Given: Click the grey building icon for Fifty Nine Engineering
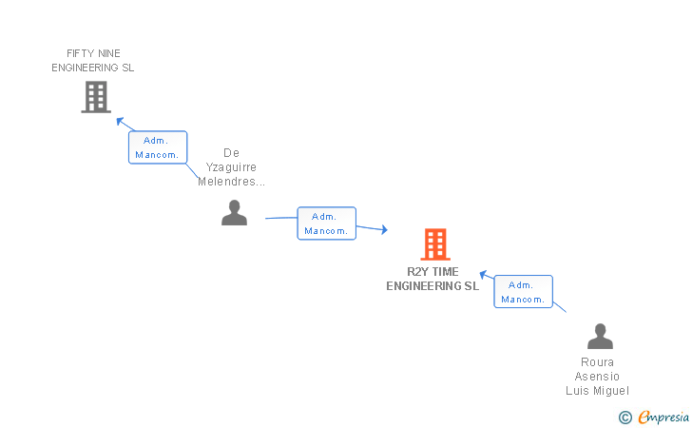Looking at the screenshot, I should pyautogui.click(x=96, y=97).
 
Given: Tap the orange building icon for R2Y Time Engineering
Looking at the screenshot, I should pyautogui.click(x=435, y=244).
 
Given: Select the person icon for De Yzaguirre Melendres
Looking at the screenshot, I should pyautogui.click(x=234, y=213).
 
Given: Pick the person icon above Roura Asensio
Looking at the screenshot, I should pyautogui.click(x=600, y=337).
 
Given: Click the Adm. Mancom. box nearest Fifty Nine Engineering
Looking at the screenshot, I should pyautogui.click(x=158, y=147).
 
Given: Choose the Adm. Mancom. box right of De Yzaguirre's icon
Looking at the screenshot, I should pyautogui.click(x=327, y=224).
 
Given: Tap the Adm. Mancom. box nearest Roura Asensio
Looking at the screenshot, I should pyautogui.click(x=523, y=292).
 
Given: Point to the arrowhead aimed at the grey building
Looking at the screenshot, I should pyautogui.click(x=120, y=121).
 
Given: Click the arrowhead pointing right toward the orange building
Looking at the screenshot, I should pyautogui.click(x=383, y=229).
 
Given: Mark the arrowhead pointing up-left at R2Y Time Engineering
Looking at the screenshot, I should pyautogui.click(x=483, y=275).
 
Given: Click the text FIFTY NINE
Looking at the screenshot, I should pyautogui.click(x=94, y=53).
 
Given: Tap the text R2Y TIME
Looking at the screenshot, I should pyautogui.click(x=432, y=272).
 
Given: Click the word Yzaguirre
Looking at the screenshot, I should pyautogui.click(x=231, y=167).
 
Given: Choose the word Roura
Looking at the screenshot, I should pyautogui.click(x=597, y=362).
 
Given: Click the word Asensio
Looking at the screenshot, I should pyautogui.click(x=597, y=377).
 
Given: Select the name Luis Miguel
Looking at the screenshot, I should pyautogui.click(x=597, y=391).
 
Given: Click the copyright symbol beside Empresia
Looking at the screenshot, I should pyautogui.click(x=625, y=417).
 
